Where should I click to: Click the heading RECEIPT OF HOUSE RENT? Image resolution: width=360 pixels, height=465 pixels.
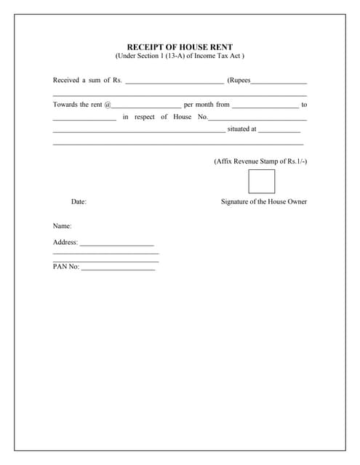pyautogui.click(x=180, y=46)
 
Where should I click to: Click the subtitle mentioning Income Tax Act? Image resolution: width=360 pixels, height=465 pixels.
pyautogui.click(x=180, y=56)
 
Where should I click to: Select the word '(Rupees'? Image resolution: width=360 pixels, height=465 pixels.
pyautogui.click(x=239, y=80)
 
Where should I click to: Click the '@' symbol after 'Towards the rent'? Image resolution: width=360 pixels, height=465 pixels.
pyautogui.click(x=108, y=105)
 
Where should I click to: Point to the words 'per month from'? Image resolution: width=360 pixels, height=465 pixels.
pyautogui.click(x=207, y=105)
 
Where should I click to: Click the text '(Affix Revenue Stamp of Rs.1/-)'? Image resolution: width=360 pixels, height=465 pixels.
pyautogui.click(x=260, y=161)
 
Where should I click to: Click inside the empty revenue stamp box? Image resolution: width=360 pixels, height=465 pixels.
pyautogui.click(x=262, y=181)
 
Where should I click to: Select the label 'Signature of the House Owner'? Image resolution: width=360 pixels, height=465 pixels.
pyautogui.click(x=264, y=201)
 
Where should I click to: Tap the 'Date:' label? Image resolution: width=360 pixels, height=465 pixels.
pyautogui.click(x=79, y=201)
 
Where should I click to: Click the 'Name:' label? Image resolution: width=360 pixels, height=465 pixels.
pyautogui.click(x=62, y=227)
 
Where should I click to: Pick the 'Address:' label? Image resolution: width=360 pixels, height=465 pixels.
pyautogui.click(x=65, y=243)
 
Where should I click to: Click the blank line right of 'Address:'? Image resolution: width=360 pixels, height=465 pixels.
pyautogui.click(x=117, y=245)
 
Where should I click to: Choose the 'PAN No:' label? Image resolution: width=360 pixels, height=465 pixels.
pyautogui.click(x=66, y=267)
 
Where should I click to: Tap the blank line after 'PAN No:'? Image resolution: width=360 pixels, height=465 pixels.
pyautogui.click(x=119, y=269)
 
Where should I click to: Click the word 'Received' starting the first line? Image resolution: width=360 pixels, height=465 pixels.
pyautogui.click(x=66, y=80)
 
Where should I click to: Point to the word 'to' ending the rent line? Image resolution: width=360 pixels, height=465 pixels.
pyautogui.click(x=304, y=105)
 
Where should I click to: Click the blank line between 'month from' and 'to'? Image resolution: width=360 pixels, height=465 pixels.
pyautogui.click(x=265, y=107)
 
